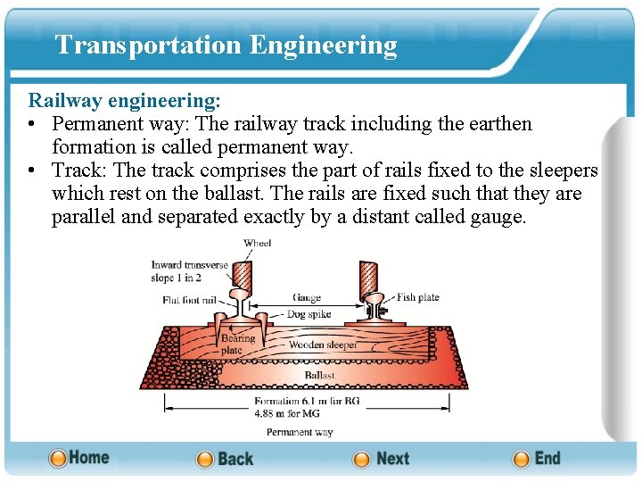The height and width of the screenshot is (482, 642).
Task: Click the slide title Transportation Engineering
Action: [226, 45]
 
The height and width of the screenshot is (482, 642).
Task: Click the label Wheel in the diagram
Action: [257, 243]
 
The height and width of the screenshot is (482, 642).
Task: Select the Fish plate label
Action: [417, 297]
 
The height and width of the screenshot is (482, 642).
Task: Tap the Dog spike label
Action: [308, 314]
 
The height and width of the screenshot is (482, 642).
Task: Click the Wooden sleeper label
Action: [323, 345]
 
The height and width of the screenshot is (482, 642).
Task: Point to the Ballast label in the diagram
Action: [319, 375]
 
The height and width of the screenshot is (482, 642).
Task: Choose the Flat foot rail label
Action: [189, 300]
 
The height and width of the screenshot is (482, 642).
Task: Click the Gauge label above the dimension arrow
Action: [306, 297]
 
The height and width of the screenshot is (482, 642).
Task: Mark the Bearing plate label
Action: [238, 345]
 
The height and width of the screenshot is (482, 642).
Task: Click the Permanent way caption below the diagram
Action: [300, 432]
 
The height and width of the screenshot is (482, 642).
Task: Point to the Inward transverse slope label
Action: [189, 270]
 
